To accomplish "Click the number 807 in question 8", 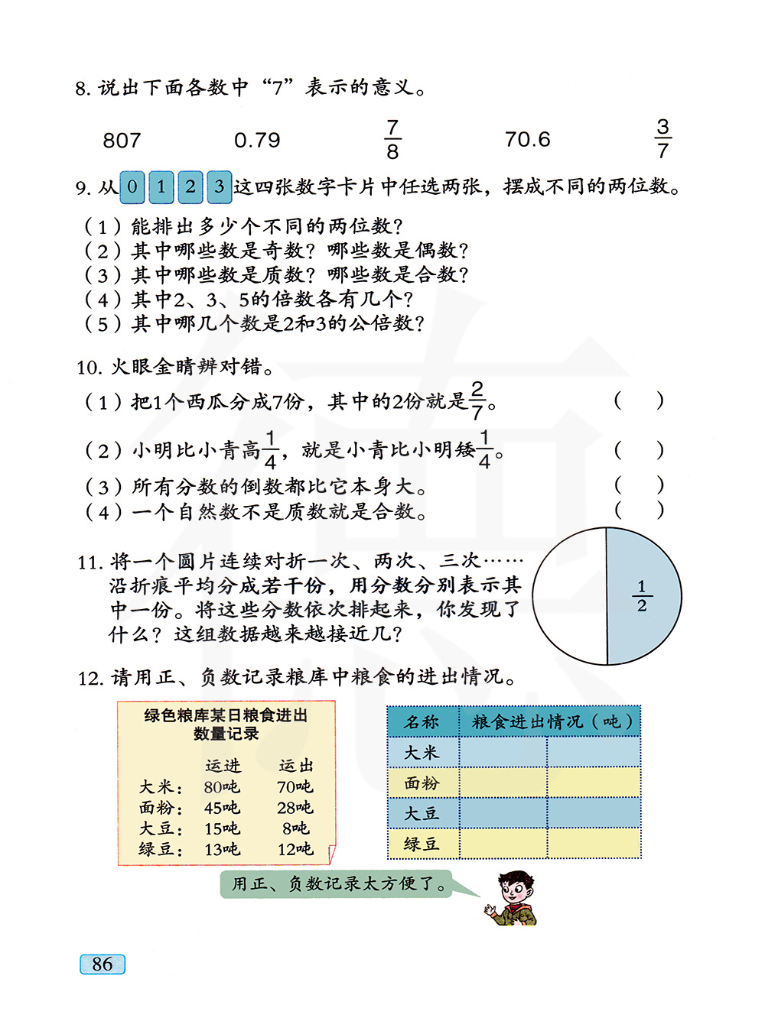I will (122, 141).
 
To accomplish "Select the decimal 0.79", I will (257, 141).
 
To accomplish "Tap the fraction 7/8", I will (392, 139).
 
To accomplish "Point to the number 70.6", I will (527, 140).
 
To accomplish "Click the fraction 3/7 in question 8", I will (662, 138).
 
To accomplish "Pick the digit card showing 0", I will (132, 187).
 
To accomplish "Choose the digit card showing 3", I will (220, 187).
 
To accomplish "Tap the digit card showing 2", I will (190, 187).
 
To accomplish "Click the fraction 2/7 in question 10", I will (477, 400).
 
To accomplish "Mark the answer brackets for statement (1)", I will (639, 400).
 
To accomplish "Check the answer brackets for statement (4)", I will (639, 510).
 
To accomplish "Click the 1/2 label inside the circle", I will (642, 596).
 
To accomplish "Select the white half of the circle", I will (570, 596).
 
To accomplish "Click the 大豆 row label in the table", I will (422, 814).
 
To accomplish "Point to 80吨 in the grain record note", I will (222, 787).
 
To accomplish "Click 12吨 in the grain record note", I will (295, 849).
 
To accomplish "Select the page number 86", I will (103, 964).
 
